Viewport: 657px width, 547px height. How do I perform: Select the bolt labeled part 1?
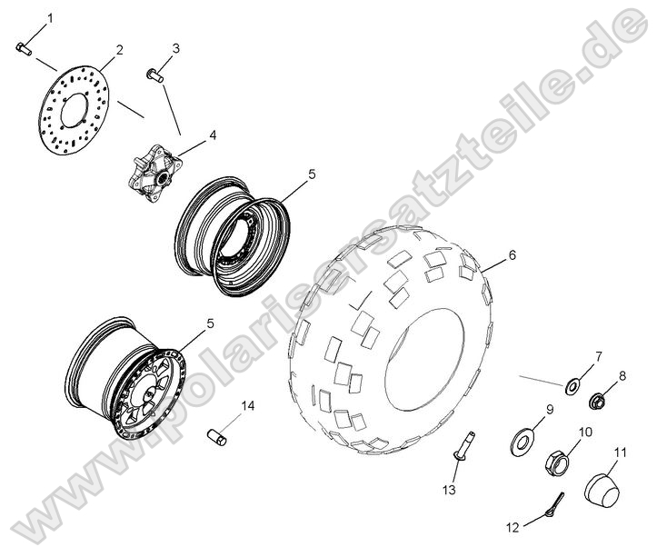click(x=24, y=49)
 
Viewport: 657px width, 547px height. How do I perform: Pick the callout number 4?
click(x=213, y=135)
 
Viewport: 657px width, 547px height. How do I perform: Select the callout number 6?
click(x=512, y=255)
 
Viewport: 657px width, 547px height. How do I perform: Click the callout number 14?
click(x=248, y=405)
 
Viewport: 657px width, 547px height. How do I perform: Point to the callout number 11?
click(x=621, y=452)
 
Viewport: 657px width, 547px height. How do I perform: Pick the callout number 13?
click(x=449, y=491)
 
